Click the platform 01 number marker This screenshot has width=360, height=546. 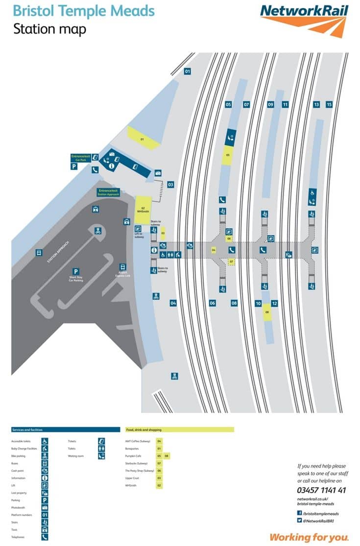pyautogui.click(x=187, y=71)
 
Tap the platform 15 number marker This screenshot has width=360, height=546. pyautogui.click(x=329, y=104)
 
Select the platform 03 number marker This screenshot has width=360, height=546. pyautogui.click(x=170, y=185)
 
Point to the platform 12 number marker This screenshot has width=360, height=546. pyautogui.click(x=274, y=303)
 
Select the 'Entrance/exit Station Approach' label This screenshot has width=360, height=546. pyautogui.click(x=108, y=191)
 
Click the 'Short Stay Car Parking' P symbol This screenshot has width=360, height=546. pyautogui.click(x=76, y=271)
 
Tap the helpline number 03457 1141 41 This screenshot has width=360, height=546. pyautogui.click(x=321, y=490)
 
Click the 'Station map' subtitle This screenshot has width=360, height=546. pyautogui.click(x=49, y=29)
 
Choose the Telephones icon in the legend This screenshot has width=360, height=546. pyautogui.click(x=45, y=537)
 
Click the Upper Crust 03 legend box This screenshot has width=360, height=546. pyautogui.click(x=159, y=478)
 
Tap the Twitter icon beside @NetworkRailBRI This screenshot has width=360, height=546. pyautogui.click(x=299, y=521)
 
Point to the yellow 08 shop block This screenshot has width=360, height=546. pyautogui.click(x=267, y=312)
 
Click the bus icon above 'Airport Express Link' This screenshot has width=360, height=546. pyautogui.click(x=122, y=266)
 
